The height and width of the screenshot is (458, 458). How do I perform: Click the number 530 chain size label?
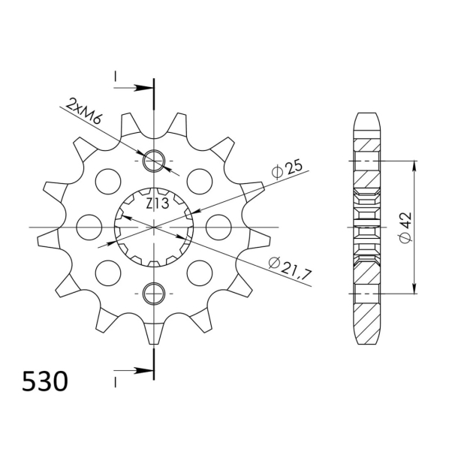[x=44, y=383]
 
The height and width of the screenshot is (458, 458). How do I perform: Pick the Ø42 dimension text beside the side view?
[x=405, y=227]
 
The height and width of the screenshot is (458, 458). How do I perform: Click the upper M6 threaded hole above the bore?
[x=154, y=160]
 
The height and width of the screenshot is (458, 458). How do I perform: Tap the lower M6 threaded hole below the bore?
[x=154, y=292]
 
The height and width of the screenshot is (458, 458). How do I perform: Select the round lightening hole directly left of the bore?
[x=89, y=225]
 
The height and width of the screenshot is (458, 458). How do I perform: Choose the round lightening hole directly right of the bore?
[x=218, y=225]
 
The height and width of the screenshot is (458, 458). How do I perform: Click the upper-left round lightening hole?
[x=108, y=180]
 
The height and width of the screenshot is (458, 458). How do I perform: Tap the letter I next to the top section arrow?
[x=116, y=77]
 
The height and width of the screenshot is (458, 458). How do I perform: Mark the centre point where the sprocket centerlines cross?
[x=154, y=226]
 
